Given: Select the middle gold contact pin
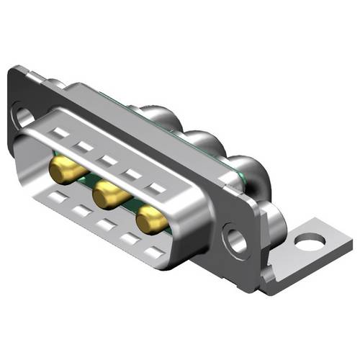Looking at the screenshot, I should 108,193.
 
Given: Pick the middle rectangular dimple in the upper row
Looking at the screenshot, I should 108,160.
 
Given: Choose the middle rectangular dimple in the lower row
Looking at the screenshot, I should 106,223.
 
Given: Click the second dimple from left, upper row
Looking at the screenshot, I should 84,147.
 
